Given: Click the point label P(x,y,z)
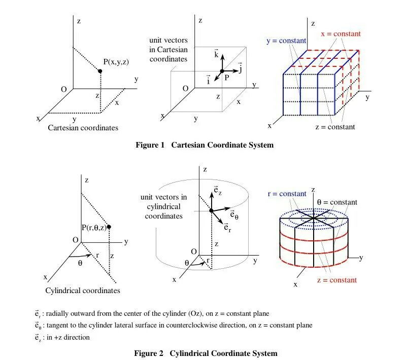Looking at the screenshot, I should pyautogui.click(x=116, y=62).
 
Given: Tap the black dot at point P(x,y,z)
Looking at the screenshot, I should pyautogui.click(x=100, y=71).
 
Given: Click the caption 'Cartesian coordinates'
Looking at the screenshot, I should pyautogui.click(x=83, y=128).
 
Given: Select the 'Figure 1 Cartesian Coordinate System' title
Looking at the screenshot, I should pyautogui.click(x=205, y=145).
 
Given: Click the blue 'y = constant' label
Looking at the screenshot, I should pyautogui.click(x=286, y=41).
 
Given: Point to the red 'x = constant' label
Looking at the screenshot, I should pyautogui.click(x=341, y=34).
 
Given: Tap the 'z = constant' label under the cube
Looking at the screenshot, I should pyautogui.click(x=335, y=127).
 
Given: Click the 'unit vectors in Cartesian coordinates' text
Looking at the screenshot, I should pyautogui.click(x=168, y=50).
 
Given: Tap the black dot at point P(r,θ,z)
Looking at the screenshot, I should pyautogui.click(x=109, y=227).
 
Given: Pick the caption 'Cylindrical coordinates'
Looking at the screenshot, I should pyautogui.click(x=83, y=291).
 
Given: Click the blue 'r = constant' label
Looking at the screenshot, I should pyautogui.click(x=287, y=194).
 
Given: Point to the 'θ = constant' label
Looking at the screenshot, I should pyautogui.click(x=337, y=202).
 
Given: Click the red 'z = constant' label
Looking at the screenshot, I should pyautogui.click(x=337, y=280).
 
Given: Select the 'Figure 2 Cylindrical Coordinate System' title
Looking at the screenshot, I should pyautogui.click(x=206, y=353).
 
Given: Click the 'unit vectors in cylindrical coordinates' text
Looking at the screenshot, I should pyautogui.click(x=163, y=206).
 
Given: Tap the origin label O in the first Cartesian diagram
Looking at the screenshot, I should pyautogui.click(x=64, y=90).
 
